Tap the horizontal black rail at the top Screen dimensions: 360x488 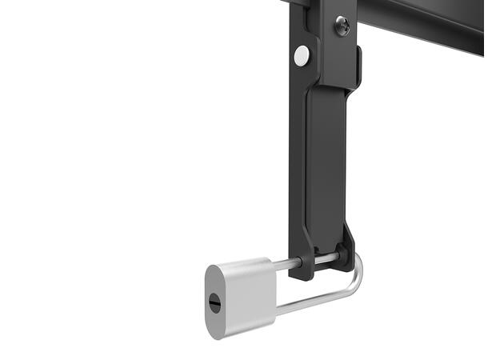416,20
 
